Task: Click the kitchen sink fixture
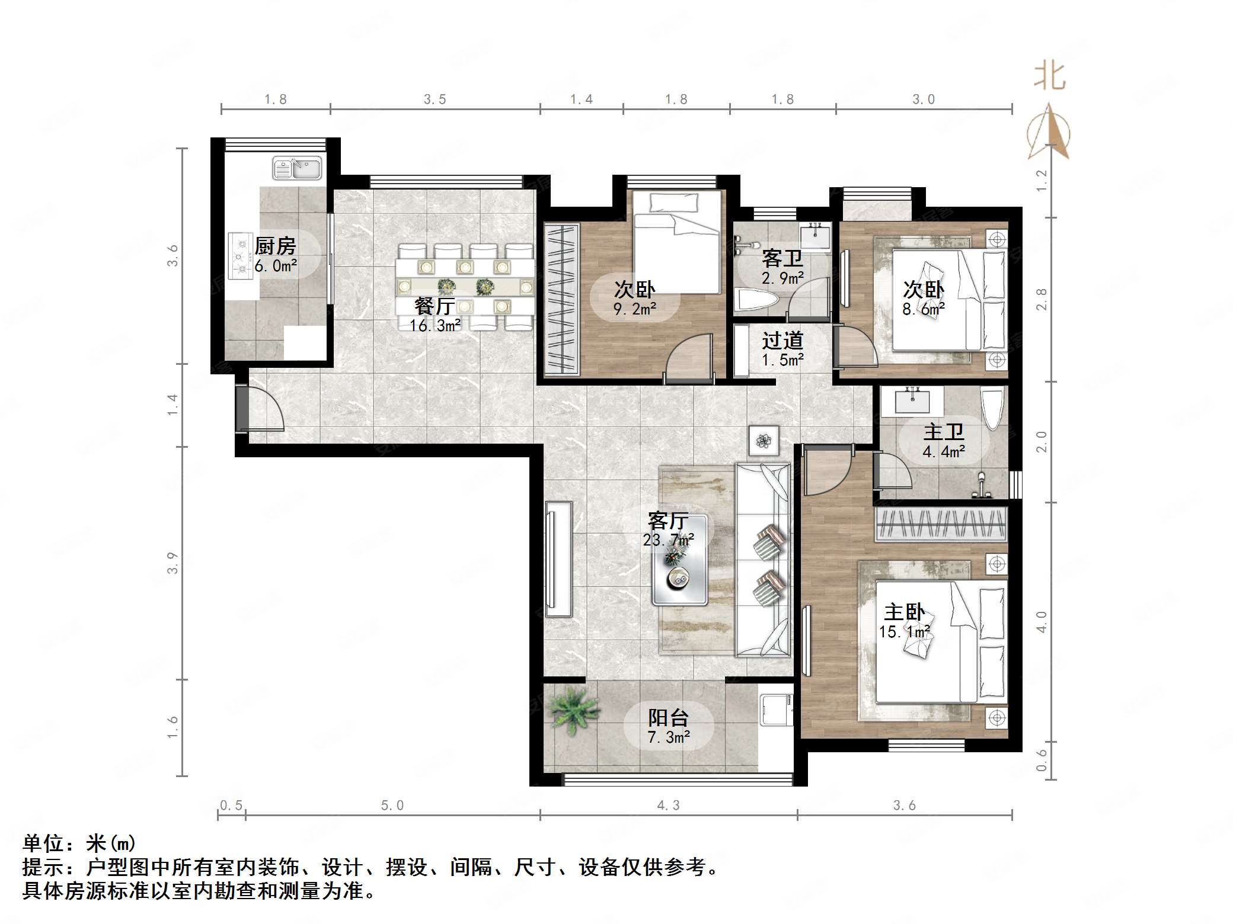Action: [x=296, y=168]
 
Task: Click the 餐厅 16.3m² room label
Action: [x=435, y=315]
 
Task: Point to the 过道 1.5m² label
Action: [x=782, y=349]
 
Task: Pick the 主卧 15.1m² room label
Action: [x=905, y=621]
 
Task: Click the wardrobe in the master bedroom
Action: [x=941, y=524]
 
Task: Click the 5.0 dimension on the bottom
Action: [x=392, y=806]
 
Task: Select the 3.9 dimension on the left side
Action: [x=173, y=563]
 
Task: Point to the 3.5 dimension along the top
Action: [x=435, y=100]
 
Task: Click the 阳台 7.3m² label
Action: [x=668, y=727]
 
